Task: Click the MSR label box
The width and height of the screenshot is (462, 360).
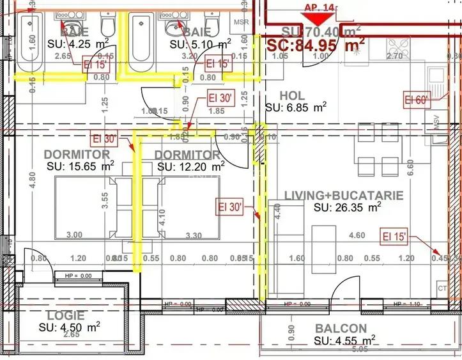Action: (x=242, y=22)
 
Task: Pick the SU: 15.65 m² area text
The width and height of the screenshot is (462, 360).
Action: (x=81, y=166)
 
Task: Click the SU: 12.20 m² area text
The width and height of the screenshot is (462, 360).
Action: (x=190, y=166)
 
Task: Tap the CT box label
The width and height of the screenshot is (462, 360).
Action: (x=442, y=288)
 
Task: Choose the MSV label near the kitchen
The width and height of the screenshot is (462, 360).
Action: (x=438, y=124)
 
